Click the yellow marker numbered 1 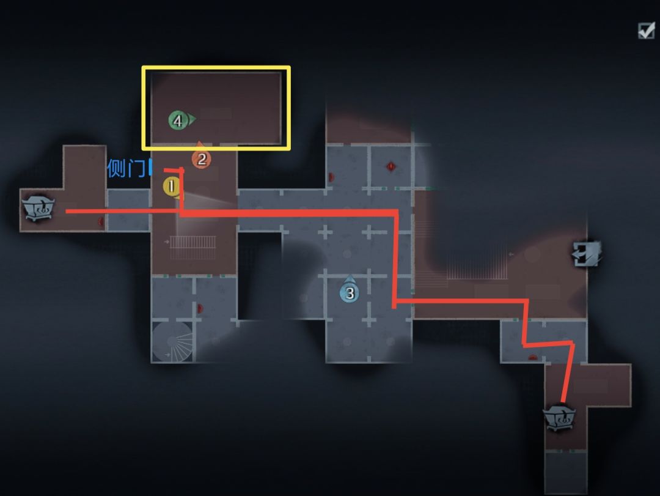172,187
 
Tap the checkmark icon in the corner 646,31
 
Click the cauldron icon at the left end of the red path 38,207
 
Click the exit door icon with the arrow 587,254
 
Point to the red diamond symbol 391,167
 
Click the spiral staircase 172,341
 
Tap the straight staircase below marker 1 193,247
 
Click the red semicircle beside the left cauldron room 101,221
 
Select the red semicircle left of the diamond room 331,177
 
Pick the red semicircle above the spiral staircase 200,308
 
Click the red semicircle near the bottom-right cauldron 533,358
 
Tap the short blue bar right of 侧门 151,168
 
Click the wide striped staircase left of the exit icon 477,266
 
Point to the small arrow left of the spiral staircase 167,354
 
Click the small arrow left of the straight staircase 167,242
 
